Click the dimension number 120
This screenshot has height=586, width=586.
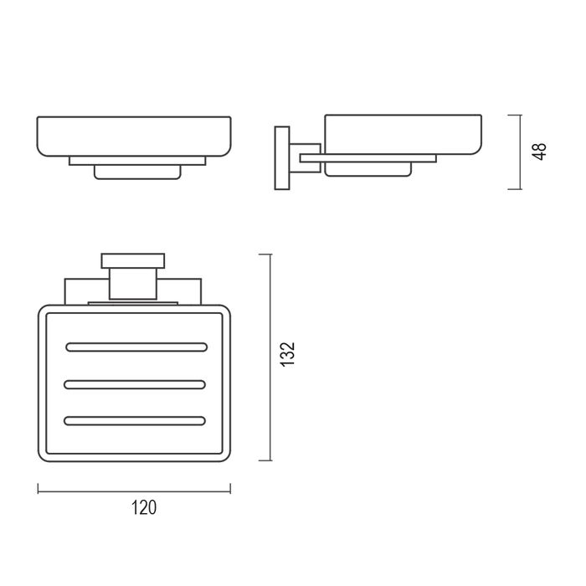(x=144, y=507)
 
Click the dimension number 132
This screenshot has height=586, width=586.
(x=288, y=354)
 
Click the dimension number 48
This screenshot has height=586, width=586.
(x=540, y=152)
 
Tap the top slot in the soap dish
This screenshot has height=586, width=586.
(x=136, y=347)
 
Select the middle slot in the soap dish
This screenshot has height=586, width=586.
(x=135, y=384)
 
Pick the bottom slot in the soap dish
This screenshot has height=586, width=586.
(x=135, y=421)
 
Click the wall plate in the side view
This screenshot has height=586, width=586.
(x=282, y=158)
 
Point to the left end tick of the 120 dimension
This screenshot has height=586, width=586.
(x=39, y=488)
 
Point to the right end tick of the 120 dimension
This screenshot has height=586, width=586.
(x=230, y=488)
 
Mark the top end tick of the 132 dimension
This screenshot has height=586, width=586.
(x=265, y=254)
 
